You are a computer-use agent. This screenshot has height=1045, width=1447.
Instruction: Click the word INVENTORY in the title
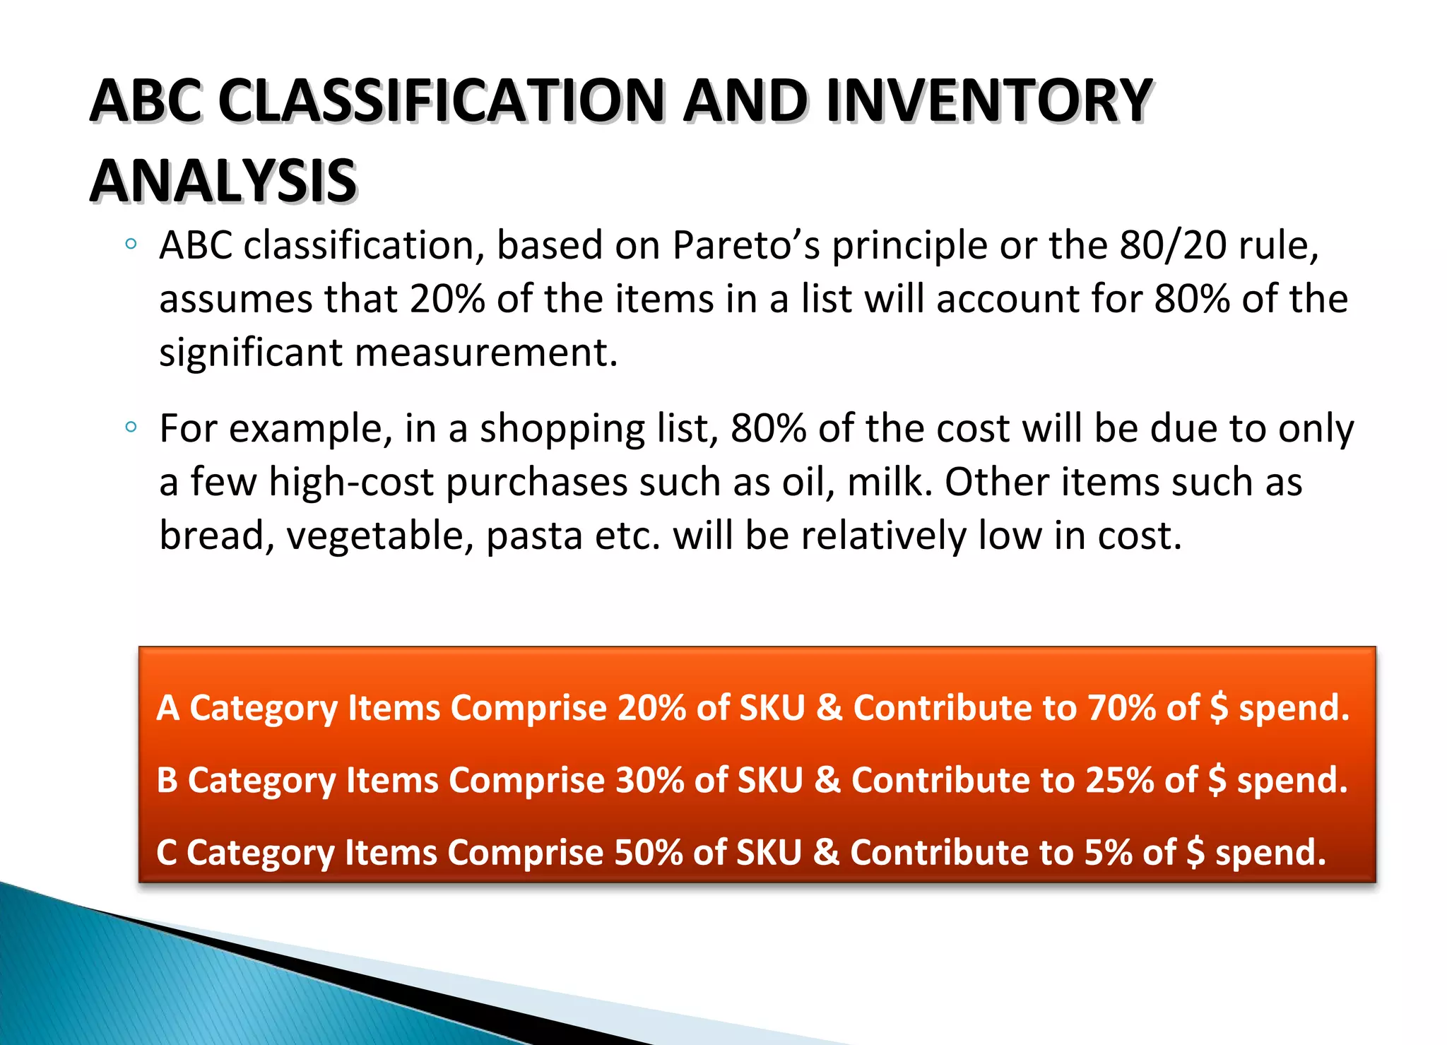(x=989, y=100)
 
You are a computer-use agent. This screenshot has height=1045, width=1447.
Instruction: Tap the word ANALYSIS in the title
(x=223, y=181)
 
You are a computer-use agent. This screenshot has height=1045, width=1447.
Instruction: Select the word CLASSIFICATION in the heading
(x=442, y=100)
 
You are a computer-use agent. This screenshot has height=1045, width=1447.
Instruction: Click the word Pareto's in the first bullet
(x=746, y=245)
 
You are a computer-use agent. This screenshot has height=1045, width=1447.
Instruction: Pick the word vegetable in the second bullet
(x=379, y=535)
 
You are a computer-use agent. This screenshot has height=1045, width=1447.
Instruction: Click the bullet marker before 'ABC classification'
(x=130, y=244)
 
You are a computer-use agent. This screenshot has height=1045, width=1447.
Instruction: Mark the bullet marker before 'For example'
(x=130, y=427)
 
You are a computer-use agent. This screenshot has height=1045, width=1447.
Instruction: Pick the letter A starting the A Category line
(x=168, y=707)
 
